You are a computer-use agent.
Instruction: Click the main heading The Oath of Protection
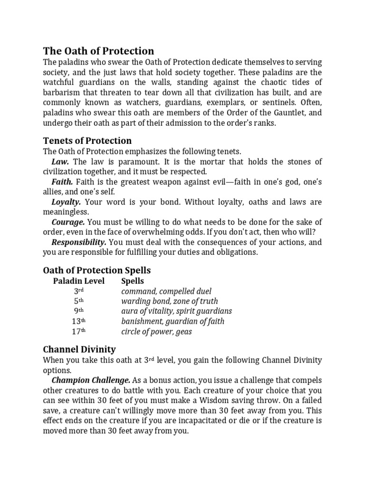(98, 51)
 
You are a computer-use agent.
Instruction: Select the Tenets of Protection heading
(87, 141)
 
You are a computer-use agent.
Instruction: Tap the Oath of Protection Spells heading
(97, 270)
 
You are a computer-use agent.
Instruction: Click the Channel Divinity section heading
(79, 349)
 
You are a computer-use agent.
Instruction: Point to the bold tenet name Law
(60, 162)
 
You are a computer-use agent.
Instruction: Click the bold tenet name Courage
(68, 222)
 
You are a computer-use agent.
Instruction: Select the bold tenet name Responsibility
(79, 242)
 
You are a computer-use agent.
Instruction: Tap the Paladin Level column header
(78, 281)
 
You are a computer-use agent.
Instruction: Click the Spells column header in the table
(133, 281)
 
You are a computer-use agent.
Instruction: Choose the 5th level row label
(78, 301)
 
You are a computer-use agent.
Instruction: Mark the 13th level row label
(78, 321)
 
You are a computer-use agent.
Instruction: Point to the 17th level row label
(78, 331)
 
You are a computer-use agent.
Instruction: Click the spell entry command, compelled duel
(166, 291)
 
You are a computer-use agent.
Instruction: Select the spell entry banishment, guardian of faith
(173, 321)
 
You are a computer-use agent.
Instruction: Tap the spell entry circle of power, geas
(156, 331)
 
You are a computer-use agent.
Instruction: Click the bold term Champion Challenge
(90, 381)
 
